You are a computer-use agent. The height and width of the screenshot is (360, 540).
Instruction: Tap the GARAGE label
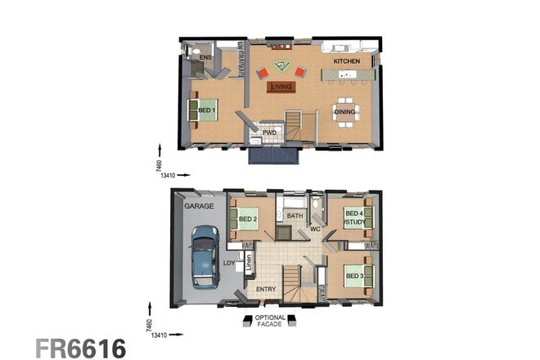[199, 206]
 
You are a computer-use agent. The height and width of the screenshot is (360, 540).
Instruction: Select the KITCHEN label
[346, 61]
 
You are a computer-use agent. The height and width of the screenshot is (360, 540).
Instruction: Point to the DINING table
[346, 115]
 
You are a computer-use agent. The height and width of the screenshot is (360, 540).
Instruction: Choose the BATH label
[295, 216]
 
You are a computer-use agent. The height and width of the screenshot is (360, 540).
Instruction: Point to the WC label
[313, 229]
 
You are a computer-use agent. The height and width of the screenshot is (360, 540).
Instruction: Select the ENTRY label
[266, 290]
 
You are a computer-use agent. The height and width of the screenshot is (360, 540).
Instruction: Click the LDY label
[230, 263]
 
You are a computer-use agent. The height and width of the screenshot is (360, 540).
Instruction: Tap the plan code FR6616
[80, 346]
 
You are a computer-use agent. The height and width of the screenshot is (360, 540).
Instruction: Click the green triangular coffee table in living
[281, 63]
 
